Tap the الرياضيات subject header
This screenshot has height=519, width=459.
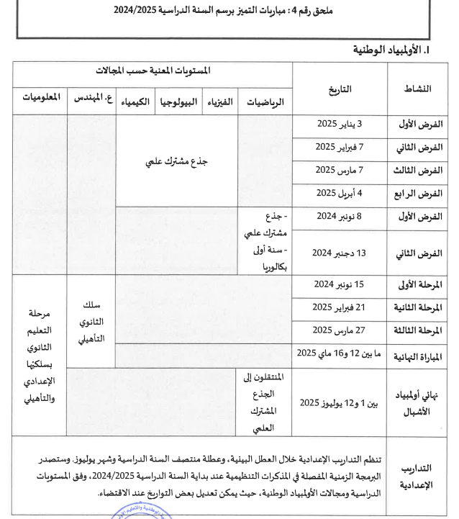[x=265, y=102]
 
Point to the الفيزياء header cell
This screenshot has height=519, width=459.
[x=219, y=101]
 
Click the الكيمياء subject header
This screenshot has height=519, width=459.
[x=133, y=101]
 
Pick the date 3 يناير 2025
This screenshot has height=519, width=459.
[x=340, y=124]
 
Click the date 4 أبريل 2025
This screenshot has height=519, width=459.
[x=340, y=193]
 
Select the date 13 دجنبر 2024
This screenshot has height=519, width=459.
[x=340, y=252]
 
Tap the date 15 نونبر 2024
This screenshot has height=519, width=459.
[x=340, y=284]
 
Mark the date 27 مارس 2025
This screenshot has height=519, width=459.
[x=340, y=330]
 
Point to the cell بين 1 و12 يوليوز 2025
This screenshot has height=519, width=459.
[x=338, y=402]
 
